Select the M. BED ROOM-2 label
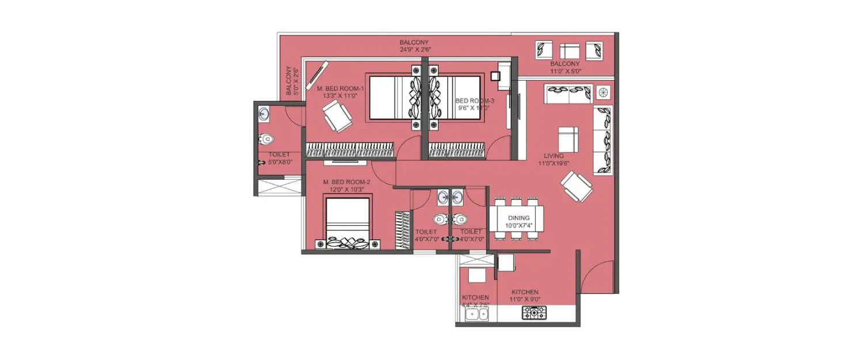pyautogui.click(x=346, y=185)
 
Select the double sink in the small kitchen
pyautogui.click(x=476, y=314)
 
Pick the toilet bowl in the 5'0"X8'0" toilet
pyautogui.click(x=266, y=139)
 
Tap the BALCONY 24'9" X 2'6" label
pyautogui.click(x=415, y=46)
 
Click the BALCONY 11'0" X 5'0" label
pyautogui.click(x=564, y=67)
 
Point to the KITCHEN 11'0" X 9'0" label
pyautogui.click(x=525, y=295)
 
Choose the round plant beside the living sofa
pyautogui.click(x=603, y=92)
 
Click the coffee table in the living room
pyautogui.click(x=568, y=139)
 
